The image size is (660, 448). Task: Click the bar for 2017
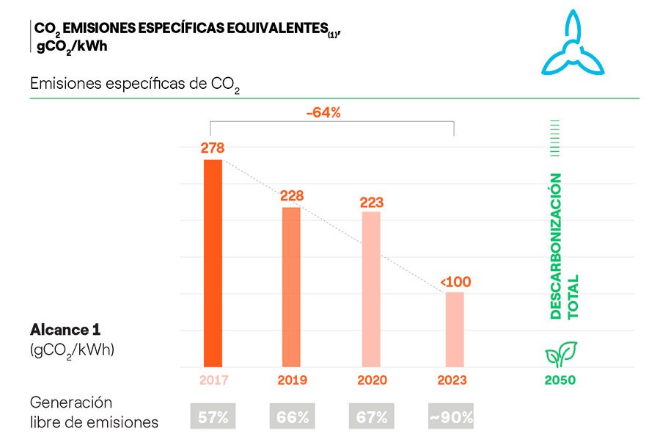click(213, 263)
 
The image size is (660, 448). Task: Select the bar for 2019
click(291, 286)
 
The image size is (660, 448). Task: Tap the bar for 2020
click(371, 289)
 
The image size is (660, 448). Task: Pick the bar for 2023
click(454, 329)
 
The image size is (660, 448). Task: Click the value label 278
click(213, 148)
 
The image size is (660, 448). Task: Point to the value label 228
click(291, 196)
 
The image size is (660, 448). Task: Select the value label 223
click(372, 201)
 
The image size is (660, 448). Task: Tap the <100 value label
click(455, 282)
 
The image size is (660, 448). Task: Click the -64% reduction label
click(323, 112)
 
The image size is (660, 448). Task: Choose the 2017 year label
click(213, 380)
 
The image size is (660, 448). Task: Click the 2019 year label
click(292, 380)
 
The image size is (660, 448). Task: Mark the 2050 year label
click(560, 380)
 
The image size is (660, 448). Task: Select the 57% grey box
click(213, 417)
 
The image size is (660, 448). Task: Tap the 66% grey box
click(292, 417)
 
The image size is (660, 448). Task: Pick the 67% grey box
click(371, 417)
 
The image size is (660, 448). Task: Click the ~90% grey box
click(450, 417)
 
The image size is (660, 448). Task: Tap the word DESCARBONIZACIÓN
click(556, 245)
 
